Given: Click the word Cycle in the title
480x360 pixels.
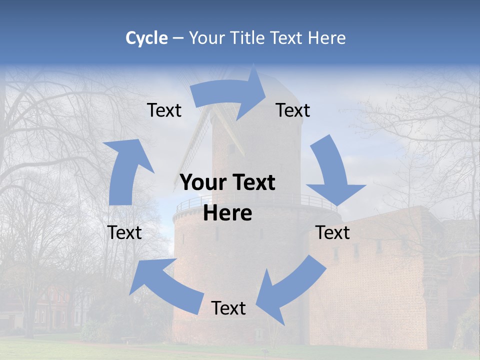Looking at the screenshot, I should point(146,38).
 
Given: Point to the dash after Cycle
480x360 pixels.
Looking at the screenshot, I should point(177,38).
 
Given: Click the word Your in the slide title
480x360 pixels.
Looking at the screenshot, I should point(205,38).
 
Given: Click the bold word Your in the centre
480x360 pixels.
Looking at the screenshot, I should point(204,183).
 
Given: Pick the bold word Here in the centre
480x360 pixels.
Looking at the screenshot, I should point(227,213).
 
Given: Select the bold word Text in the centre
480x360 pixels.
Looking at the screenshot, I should point(252,183).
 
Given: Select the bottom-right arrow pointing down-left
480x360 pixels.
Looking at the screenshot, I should point(292,287).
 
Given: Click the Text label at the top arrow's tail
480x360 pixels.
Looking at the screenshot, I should point(164,110).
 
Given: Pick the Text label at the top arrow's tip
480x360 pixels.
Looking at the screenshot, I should point(293,110).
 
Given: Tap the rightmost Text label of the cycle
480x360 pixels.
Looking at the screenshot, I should point(333,232).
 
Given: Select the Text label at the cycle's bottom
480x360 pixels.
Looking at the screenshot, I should point(228,308).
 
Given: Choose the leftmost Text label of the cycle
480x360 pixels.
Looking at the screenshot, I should point(124,232).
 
